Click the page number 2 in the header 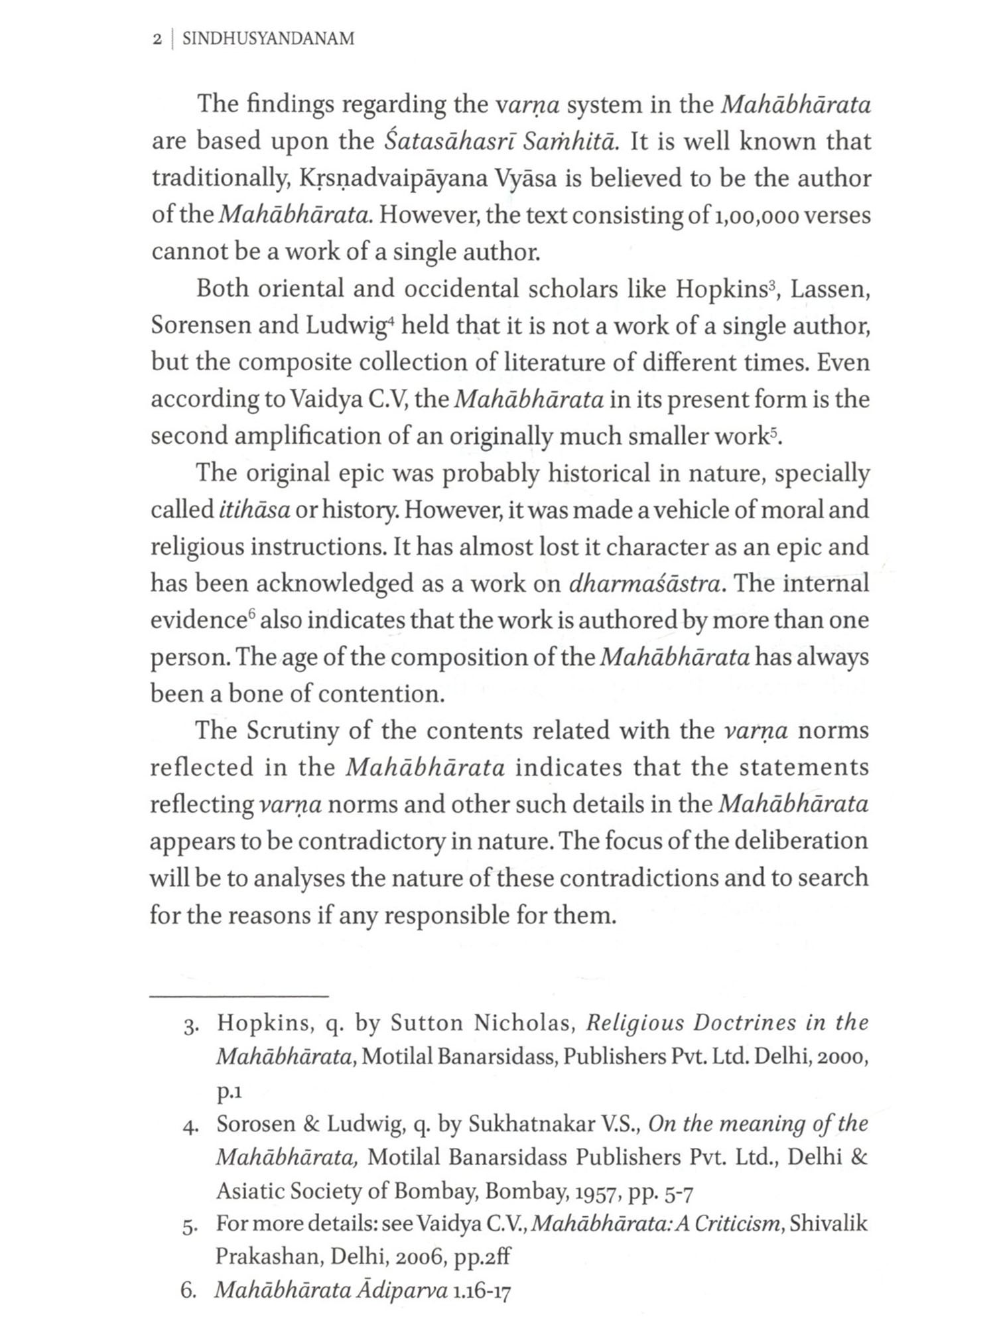pyautogui.click(x=157, y=40)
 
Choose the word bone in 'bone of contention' pyautogui.click(x=257, y=694)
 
